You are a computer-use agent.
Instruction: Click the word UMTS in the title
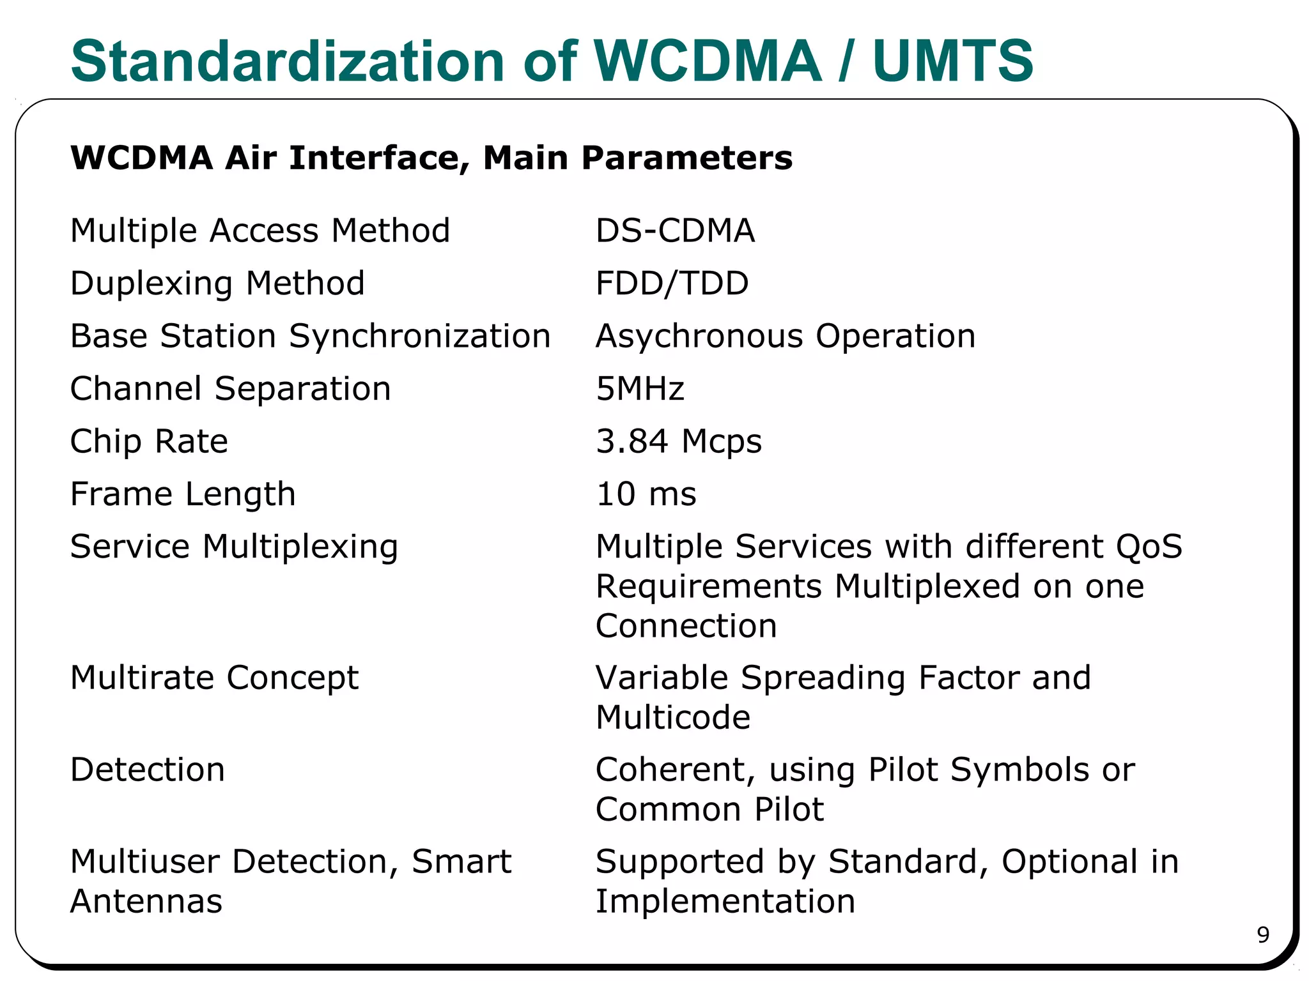pos(952,61)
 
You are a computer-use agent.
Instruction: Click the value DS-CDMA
pos(675,231)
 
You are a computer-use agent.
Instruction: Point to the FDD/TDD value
pos(672,284)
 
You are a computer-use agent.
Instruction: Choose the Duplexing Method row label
pos(217,284)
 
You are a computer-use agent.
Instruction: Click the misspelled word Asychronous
pos(699,336)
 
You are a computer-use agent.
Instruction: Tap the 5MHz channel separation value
pos(640,389)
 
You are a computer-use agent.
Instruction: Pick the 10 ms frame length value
pos(646,494)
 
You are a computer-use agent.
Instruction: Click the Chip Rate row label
pos(149,441)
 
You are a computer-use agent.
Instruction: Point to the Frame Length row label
pos(183,494)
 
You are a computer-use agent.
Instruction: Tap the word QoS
pos(1149,547)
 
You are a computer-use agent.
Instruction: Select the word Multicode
pos(673,717)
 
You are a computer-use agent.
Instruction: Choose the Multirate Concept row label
pos(214,678)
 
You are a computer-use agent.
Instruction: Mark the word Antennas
pos(146,901)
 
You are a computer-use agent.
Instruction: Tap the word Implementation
pos(725,901)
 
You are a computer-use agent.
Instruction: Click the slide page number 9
pos(1263,935)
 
